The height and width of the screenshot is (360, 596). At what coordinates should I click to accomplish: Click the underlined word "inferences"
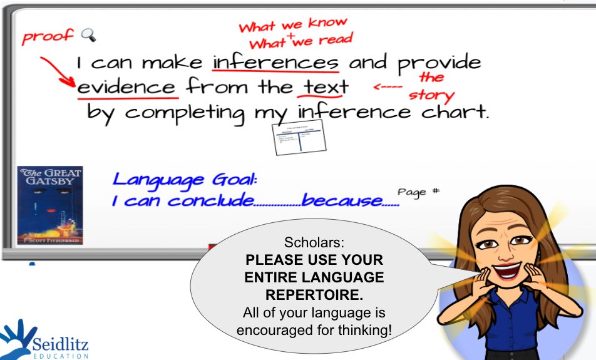click(275, 63)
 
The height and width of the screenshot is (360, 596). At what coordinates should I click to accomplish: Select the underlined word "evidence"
click(127, 86)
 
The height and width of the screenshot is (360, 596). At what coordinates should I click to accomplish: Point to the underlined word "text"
click(322, 86)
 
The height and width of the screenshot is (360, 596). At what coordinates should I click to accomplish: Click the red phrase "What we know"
click(292, 25)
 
